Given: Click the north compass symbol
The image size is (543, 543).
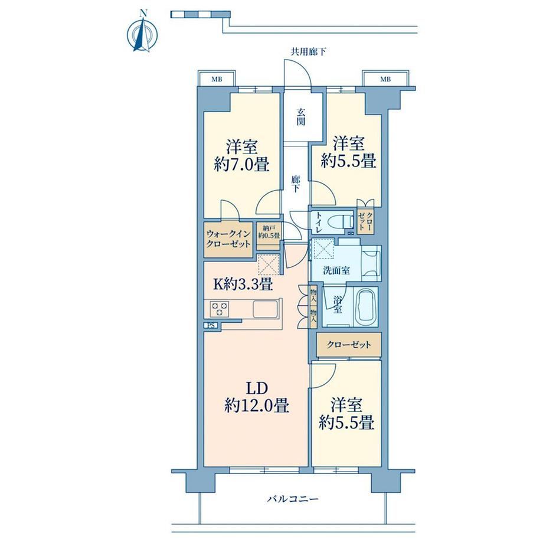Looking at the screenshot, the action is pos(142,33).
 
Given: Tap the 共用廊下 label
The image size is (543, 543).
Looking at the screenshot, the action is pos(308,53).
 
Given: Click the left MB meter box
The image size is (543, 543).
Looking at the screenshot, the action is pos(217,79).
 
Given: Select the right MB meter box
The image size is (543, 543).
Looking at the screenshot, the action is pos(385,79).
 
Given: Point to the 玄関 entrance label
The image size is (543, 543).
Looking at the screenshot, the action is pos(300,117).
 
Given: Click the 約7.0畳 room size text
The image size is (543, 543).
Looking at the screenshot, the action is pos(242,165).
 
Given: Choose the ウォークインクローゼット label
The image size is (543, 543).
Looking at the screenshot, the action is pos(228,238).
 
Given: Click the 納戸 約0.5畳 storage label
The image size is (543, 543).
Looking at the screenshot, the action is pos(269,232).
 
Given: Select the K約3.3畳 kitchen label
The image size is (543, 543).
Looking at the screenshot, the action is pos(243,284).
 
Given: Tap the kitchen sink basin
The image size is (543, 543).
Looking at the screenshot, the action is pos(265,309).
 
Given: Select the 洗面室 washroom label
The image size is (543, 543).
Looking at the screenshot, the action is pos(336,270).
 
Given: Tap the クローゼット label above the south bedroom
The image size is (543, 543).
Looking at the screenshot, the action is pos(349,345).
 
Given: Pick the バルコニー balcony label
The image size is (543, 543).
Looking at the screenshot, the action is pos(293,499).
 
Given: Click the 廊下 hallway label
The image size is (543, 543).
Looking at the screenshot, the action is pos(295,184).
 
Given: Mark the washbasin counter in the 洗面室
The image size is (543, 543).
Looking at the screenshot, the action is pos(371,263).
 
